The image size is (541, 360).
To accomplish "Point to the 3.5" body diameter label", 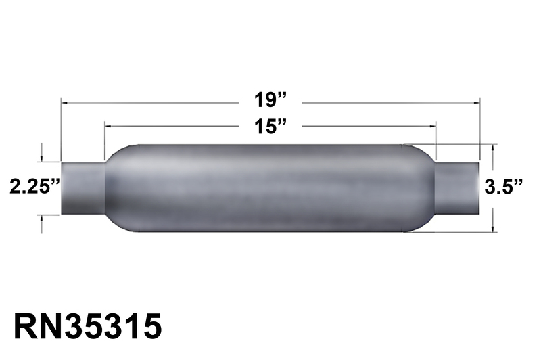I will click(x=506, y=187).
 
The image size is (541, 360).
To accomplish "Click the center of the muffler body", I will click(x=270, y=187).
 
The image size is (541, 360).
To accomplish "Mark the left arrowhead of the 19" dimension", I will click(x=64, y=102).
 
